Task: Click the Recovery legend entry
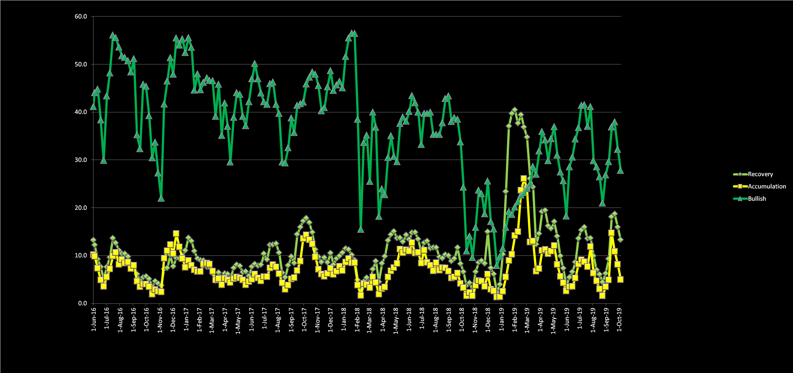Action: [x=760, y=174]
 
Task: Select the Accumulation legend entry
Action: [x=766, y=186]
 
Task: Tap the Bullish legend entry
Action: [x=757, y=199]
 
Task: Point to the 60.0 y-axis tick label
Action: [x=81, y=17]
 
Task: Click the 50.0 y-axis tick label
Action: [x=81, y=64]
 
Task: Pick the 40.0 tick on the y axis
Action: [x=81, y=112]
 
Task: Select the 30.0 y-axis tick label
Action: [x=81, y=160]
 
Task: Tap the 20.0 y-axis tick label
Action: [x=81, y=208]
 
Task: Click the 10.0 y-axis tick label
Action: [x=81, y=255]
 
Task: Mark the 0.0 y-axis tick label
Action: [x=82, y=303]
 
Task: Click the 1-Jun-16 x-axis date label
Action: [x=94, y=319]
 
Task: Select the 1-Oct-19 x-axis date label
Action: [x=619, y=319]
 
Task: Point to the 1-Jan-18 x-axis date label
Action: [x=343, y=319]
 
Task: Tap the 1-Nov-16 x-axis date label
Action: [x=160, y=319]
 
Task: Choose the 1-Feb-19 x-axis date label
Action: [x=514, y=319]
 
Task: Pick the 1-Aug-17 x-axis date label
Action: [x=277, y=319]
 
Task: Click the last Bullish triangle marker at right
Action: [x=620, y=171]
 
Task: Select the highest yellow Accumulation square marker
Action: [x=524, y=179]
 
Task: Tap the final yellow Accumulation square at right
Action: [x=620, y=279]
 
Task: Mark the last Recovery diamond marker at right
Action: [x=620, y=240]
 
